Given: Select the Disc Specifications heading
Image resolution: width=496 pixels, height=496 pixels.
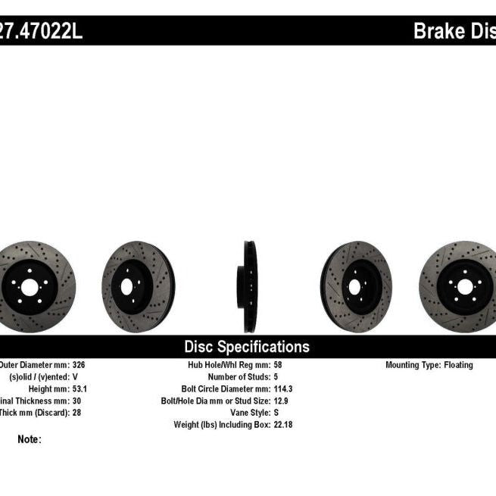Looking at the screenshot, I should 247,347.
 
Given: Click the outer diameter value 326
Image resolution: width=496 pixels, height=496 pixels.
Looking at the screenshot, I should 80,365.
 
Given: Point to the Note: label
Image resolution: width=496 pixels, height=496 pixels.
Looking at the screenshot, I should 30,439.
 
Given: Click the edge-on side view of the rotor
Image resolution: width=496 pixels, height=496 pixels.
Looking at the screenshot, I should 249,287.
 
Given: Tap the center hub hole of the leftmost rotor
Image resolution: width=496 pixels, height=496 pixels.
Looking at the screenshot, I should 28,287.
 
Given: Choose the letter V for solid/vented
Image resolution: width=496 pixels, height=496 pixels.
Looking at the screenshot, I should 75,377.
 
